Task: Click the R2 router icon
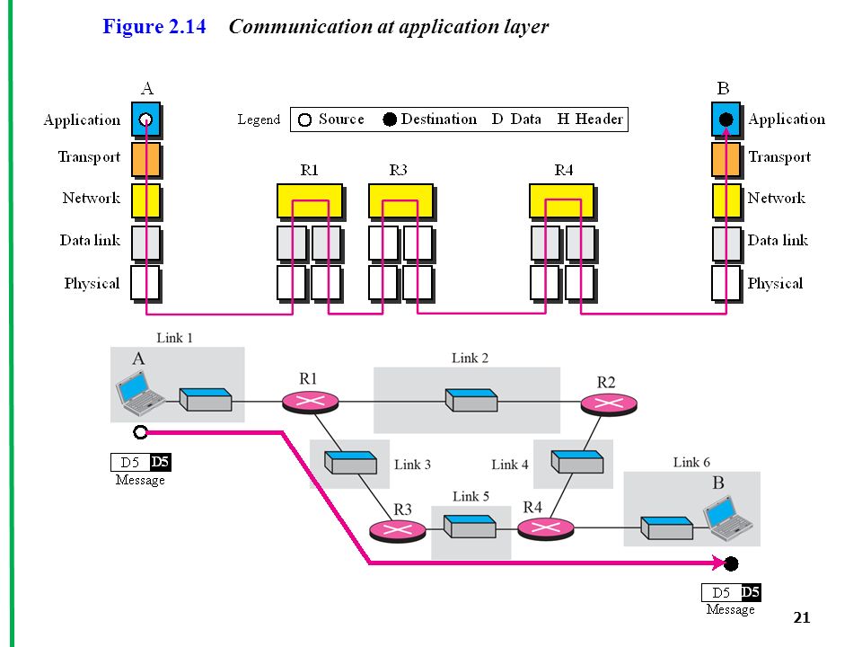[x=609, y=404]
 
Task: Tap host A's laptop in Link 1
[x=140, y=393]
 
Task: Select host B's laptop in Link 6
[x=728, y=518]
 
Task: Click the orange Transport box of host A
[x=146, y=160]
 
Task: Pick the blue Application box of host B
[x=726, y=120]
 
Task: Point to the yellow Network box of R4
[x=562, y=201]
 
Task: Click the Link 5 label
[x=471, y=497]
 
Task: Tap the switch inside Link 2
[x=471, y=400]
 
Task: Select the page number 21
[x=802, y=617]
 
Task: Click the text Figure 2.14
[x=154, y=26]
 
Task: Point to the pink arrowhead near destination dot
[x=718, y=563]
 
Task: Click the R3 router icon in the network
[x=398, y=530]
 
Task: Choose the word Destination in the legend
[x=439, y=120]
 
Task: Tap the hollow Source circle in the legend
[x=304, y=120]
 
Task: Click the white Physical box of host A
[x=145, y=284]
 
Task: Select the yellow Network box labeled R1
[x=310, y=201]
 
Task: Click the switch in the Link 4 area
[x=577, y=462]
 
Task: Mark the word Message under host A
[x=140, y=480]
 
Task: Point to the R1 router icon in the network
[x=310, y=402]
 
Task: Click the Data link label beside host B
[x=778, y=241]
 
